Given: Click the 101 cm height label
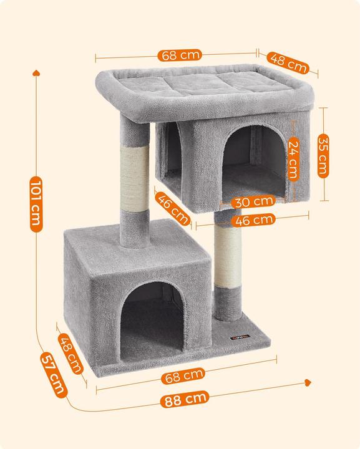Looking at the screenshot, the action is [x=36, y=204].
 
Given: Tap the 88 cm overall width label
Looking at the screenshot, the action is [x=185, y=399].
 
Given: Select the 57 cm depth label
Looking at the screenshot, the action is [x=54, y=375].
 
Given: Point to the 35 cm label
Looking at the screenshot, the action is [x=323, y=156].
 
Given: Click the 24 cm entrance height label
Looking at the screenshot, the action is [x=293, y=158].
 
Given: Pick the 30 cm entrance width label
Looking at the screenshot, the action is [x=253, y=201].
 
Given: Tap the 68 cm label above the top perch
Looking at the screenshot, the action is [x=180, y=55].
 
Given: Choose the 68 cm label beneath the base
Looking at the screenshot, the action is [x=183, y=376].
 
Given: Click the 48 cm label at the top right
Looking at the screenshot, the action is [x=288, y=63].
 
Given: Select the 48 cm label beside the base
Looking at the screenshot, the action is [x=71, y=354].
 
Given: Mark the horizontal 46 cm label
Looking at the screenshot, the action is [x=253, y=220].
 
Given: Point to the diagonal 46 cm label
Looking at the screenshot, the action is [x=173, y=208].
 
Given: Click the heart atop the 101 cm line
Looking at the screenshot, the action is [x=36, y=73].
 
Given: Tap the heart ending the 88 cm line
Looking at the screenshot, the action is [x=308, y=382].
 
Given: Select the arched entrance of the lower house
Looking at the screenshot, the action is [x=152, y=321].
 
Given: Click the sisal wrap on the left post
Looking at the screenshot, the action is [x=135, y=179].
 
